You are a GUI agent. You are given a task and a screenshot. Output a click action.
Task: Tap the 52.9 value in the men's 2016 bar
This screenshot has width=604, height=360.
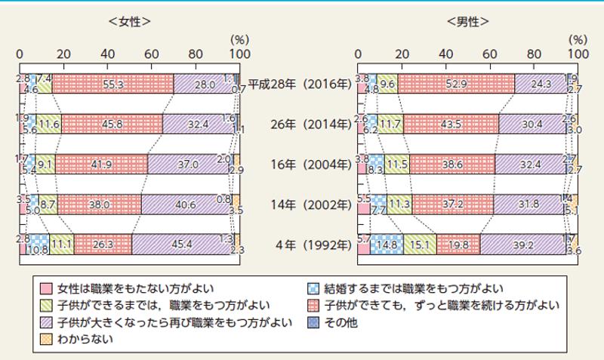point(455,85)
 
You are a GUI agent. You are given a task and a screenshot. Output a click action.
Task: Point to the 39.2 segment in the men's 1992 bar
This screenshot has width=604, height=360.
point(522,245)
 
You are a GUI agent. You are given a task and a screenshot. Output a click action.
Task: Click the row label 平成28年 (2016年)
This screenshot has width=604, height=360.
point(298,85)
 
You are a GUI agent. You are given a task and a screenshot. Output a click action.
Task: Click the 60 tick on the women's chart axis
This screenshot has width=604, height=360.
point(152,54)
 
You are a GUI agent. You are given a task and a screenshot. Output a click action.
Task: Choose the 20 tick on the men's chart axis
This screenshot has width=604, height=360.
point(402,54)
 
